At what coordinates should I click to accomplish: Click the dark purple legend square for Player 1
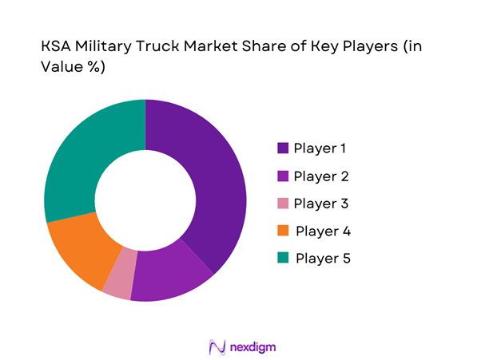(x=283, y=148)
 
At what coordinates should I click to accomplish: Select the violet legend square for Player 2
(x=283, y=176)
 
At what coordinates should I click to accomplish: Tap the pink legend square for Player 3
(x=283, y=204)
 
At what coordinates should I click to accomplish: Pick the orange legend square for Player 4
(x=283, y=231)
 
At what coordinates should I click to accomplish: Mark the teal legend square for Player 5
(x=283, y=259)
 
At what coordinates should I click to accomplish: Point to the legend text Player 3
(x=320, y=204)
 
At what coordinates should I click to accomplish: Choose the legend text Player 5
(x=323, y=259)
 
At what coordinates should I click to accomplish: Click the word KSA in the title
(x=57, y=48)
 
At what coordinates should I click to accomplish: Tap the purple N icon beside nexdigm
(x=217, y=346)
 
